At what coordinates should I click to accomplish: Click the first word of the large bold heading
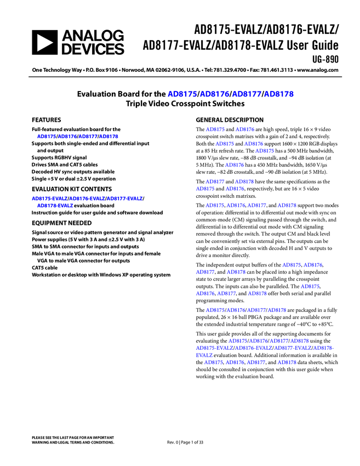tap(182, 94)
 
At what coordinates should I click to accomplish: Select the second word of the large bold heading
tap(214, 94)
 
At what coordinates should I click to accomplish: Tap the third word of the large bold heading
tap(247, 94)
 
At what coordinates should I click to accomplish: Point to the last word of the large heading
tap(279, 94)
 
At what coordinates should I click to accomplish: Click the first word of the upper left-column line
tap(46, 137)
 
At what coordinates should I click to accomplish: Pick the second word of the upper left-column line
tap(67, 137)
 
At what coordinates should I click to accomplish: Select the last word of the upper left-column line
tap(109, 137)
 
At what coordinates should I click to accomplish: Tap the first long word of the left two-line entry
tap(49, 198)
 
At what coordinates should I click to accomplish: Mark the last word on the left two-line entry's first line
tap(124, 198)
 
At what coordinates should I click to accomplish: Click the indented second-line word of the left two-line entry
tap(55, 206)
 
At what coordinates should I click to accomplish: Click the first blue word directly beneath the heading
tap(215, 129)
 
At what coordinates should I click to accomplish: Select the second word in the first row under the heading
tap(245, 129)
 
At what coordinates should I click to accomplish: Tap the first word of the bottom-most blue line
tap(214, 362)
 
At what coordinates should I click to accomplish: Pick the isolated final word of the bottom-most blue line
tap(287, 362)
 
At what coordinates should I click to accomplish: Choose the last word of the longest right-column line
tap(323, 348)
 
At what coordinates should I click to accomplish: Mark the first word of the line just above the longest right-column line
tap(238, 341)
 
